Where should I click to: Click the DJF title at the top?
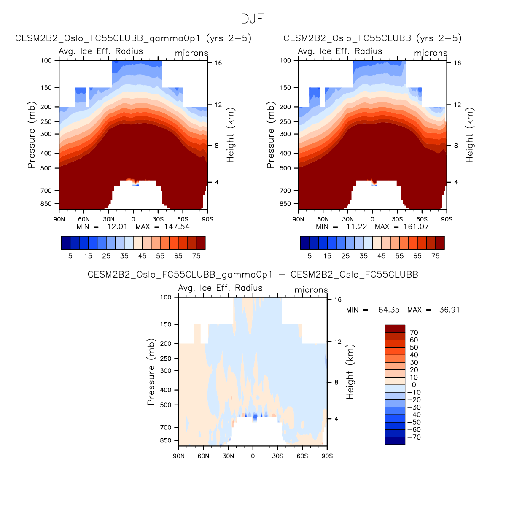point(253,19)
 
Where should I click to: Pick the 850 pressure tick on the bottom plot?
point(166,441)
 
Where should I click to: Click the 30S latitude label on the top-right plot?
point(397,219)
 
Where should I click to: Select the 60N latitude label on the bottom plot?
point(203,456)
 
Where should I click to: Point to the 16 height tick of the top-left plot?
point(218,63)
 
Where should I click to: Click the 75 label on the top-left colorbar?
point(196,256)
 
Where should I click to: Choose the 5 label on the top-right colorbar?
point(310,256)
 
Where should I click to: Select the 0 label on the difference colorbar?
point(414,385)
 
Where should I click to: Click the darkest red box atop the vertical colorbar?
point(395,329)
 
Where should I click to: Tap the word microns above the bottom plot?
point(311,290)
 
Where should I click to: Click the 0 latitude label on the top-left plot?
point(133,219)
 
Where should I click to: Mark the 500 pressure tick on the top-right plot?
point(285,168)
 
